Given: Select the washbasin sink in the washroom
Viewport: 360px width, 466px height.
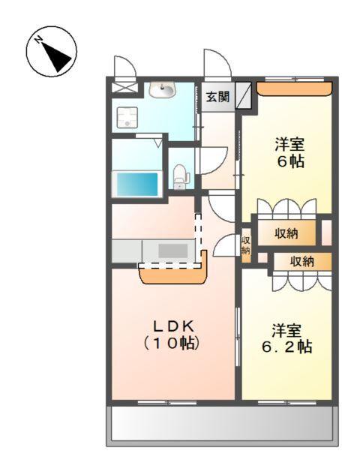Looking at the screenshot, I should click(162, 90).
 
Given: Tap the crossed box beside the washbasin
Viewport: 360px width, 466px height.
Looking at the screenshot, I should click(121, 87).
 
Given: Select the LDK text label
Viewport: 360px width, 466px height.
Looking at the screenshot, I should click(174, 326).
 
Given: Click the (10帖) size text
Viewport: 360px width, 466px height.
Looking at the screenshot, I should click(175, 344).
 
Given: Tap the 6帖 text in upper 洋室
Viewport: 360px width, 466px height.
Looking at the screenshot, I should click(288, 161).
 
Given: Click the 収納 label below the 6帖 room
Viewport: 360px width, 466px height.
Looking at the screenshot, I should click(286, 233).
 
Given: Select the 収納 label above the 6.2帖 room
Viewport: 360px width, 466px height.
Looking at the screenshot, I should click(302, 261).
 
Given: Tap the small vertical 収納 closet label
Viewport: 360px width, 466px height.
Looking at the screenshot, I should click(245, 245).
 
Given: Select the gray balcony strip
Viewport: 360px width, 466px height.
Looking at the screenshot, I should click(222, 425).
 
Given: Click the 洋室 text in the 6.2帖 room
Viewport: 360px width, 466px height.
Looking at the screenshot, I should click(286, 330).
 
